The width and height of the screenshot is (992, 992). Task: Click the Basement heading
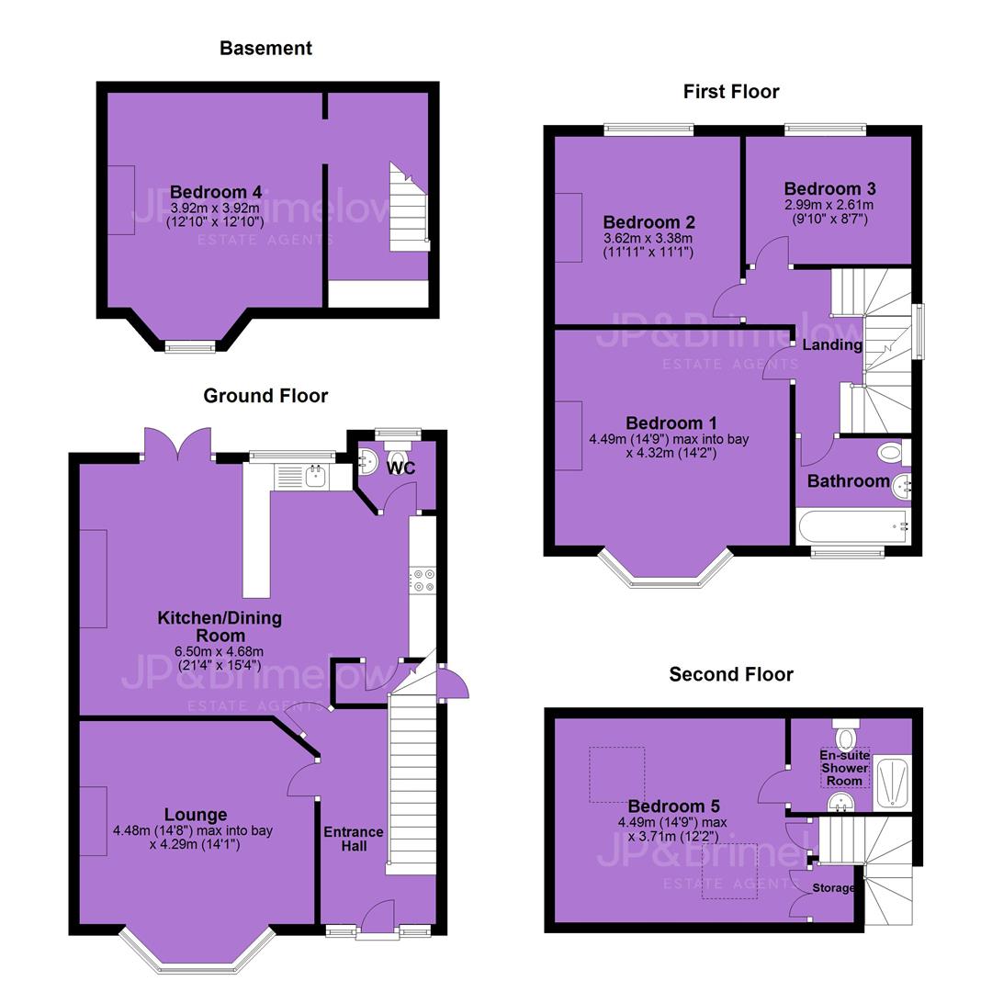click(x=265, y=48)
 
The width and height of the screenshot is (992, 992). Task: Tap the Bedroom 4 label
click(x=216, y=192)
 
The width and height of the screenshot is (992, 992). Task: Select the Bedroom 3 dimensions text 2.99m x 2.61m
click(x=829, y=205)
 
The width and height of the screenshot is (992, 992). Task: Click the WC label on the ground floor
click(x=401, y=468)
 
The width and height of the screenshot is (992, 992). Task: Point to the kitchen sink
click(x=314, y=476)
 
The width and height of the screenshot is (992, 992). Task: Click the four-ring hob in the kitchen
click(x=423, y=581)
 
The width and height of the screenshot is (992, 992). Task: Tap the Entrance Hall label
click(x=354, y=839)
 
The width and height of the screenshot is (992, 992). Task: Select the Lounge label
click(x=196, y=815)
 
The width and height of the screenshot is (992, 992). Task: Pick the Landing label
click(x=832, y=344)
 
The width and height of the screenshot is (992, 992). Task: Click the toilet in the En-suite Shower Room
click(x=845, y=733)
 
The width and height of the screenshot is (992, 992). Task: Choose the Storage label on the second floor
click(x=833, y=888)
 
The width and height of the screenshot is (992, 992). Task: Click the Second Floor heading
click(x=731, y=674)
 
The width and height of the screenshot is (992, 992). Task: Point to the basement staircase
click(x=409, y=208)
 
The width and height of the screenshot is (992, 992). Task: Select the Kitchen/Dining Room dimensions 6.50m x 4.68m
click(x=219, y=651)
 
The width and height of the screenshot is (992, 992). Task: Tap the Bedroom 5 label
click(x=674, y=806)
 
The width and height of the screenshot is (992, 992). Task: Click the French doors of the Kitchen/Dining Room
click(x=177, y=445)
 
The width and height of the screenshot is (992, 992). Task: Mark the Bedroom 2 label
click(x=649, y=222)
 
